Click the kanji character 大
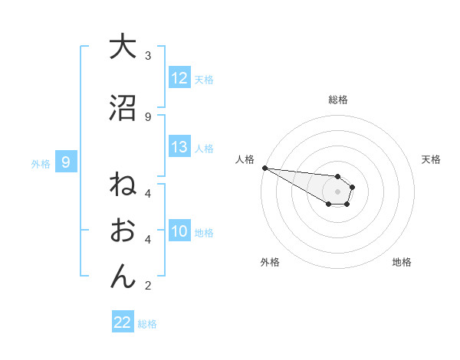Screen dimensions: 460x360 [x=123, y=47]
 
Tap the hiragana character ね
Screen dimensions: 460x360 [x=123, y=186]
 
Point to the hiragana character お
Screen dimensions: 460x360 [x=123, y=231]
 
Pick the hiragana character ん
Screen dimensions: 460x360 [x=123, y=276]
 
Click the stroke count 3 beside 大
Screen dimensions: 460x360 [x=148, y=56]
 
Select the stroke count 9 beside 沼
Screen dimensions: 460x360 [x=148, y=116]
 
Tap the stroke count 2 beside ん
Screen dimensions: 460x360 [x=148, y=286]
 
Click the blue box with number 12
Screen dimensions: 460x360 [x=179, y=77]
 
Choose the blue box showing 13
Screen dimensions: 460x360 [x=179, y=147]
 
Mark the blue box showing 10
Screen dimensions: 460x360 [x=179, y=231]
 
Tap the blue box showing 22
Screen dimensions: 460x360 [x=123, y=322]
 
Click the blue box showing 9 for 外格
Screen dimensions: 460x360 [x=66, y=162]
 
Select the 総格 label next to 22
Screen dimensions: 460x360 [x=147, y=323]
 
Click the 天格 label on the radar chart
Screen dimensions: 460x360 [x=431, y=159]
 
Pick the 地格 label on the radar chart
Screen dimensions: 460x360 [x=402, y=262]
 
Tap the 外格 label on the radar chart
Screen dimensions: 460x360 [x=270, y=262]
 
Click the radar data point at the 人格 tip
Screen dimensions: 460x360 [x=264, y=168]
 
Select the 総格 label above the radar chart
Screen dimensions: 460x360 [x=337, y=100]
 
